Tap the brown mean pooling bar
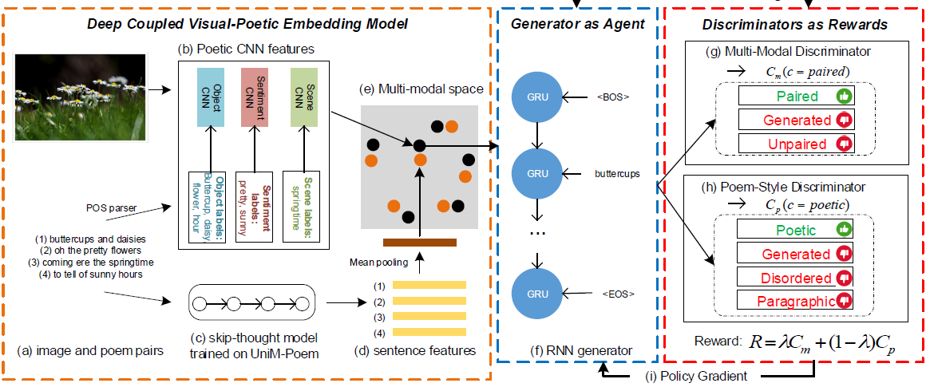419,242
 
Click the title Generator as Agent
577,24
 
